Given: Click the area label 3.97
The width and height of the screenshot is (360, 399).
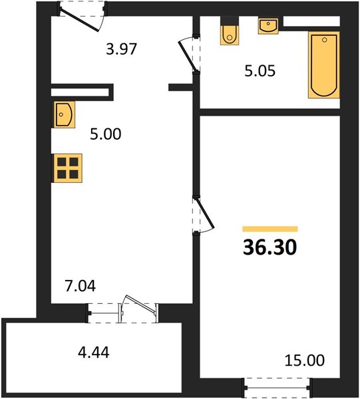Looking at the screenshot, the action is point(122,49).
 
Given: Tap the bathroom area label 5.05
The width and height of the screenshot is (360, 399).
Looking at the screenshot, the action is point(260,71).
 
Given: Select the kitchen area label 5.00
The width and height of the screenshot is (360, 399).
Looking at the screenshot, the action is point(105,134).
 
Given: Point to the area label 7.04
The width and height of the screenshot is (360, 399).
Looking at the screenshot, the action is point(81,286).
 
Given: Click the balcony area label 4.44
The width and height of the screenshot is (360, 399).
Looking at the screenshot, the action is point(94,352).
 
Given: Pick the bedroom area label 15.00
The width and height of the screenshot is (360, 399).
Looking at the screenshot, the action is point(305,360).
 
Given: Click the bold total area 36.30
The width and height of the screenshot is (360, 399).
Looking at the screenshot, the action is point(270,247).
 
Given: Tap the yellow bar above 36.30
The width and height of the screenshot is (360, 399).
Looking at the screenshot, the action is point(270,229).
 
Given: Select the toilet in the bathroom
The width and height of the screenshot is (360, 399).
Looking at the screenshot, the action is point(230,31).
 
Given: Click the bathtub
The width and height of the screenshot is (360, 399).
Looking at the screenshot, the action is point(324,65).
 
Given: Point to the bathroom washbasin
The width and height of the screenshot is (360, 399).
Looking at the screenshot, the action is point(268,25).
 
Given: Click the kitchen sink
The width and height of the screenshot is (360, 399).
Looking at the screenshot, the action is point(64,114).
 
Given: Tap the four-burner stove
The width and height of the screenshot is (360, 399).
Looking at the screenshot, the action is point(67,168).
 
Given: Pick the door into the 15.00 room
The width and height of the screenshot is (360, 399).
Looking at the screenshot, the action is point(204,215).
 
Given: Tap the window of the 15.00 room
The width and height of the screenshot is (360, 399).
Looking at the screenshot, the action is point(277,388).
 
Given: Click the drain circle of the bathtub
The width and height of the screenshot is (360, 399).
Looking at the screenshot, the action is point(324,40).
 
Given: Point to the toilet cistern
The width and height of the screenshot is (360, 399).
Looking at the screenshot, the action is point(230,21).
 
